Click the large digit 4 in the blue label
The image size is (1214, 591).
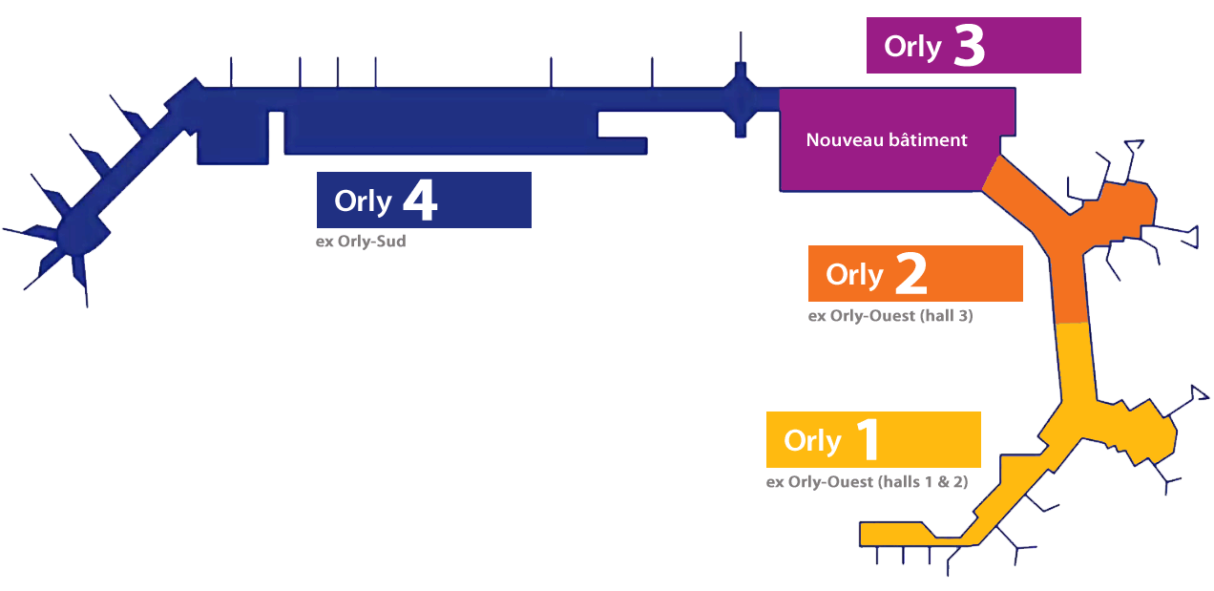[420, 201]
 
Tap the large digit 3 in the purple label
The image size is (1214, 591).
[969, 46]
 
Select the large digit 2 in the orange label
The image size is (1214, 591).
[910, 274]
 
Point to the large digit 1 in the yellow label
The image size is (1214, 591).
[867, 440]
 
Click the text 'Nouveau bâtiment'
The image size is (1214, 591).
[887, 140]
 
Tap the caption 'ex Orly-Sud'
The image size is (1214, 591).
[361, 242]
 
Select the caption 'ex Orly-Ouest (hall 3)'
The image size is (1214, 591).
[890, 316]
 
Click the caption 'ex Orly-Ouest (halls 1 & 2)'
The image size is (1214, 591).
[867, 482]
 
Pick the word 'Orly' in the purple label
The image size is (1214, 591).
[912, 47]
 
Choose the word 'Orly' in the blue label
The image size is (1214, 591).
[363, 201]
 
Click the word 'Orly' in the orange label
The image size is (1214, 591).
[854, 275]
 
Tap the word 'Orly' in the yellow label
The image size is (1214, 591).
[812, 441]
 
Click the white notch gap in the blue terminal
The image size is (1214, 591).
[277, 132]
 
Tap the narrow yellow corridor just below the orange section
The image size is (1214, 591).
[1075, 363]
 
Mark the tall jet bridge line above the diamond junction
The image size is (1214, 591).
[740, 48]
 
